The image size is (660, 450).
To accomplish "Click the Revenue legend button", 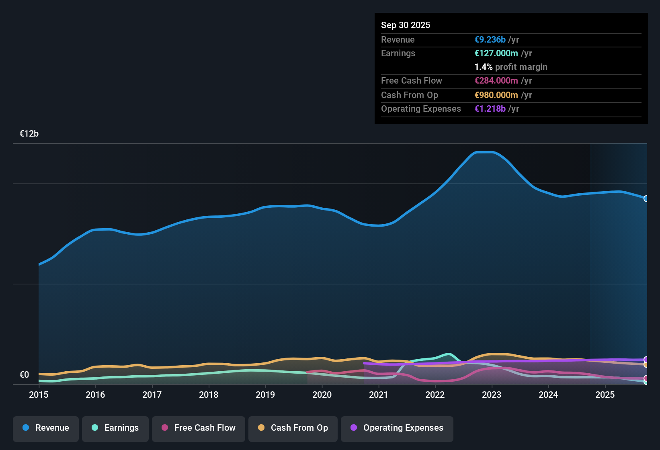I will pos(46,428).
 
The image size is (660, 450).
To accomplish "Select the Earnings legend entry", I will pos(115,428).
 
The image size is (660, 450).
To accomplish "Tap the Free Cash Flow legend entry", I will pos(199,428).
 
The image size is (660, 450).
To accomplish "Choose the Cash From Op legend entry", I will pos(293,428).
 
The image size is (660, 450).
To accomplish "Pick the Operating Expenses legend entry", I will pos(397,428).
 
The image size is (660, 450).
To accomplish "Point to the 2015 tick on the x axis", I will pos(39,395).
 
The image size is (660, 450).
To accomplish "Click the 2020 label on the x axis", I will pos(322,395).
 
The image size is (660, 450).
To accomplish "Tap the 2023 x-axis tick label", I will pos(492,395).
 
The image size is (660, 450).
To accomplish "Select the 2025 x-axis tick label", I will pos(605,395).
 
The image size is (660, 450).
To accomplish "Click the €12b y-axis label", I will pos(29,134).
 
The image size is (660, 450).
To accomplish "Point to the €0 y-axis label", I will pos(25,375).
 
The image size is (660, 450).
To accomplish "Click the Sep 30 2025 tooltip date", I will pos(406,25).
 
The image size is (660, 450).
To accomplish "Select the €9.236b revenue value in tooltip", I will pos(490,40).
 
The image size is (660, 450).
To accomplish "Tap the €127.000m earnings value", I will pos(496,53).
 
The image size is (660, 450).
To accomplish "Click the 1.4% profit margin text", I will pos(511,67).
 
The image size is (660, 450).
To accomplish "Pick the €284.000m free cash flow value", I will pos(496,81).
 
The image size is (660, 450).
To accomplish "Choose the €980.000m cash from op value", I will pos(496,95).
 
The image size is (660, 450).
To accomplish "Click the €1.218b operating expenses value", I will pos(490,109).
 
